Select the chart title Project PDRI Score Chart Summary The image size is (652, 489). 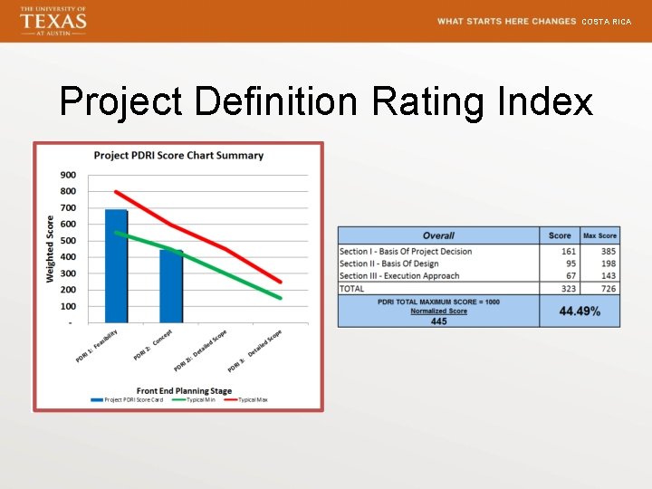178,155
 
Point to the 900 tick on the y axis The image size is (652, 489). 68,175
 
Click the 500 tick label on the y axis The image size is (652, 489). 68,241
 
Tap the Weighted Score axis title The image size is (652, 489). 50,248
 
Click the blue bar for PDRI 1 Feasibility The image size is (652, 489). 116,266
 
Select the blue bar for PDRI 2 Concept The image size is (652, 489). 171,286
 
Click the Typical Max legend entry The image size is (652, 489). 249,399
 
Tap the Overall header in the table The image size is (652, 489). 438,235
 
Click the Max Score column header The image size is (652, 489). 599,235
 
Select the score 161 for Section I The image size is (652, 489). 568,251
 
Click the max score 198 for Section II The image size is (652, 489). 608,264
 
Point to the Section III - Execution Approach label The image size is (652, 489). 399,275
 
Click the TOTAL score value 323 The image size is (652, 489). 568,289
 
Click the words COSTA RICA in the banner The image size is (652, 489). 606,21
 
